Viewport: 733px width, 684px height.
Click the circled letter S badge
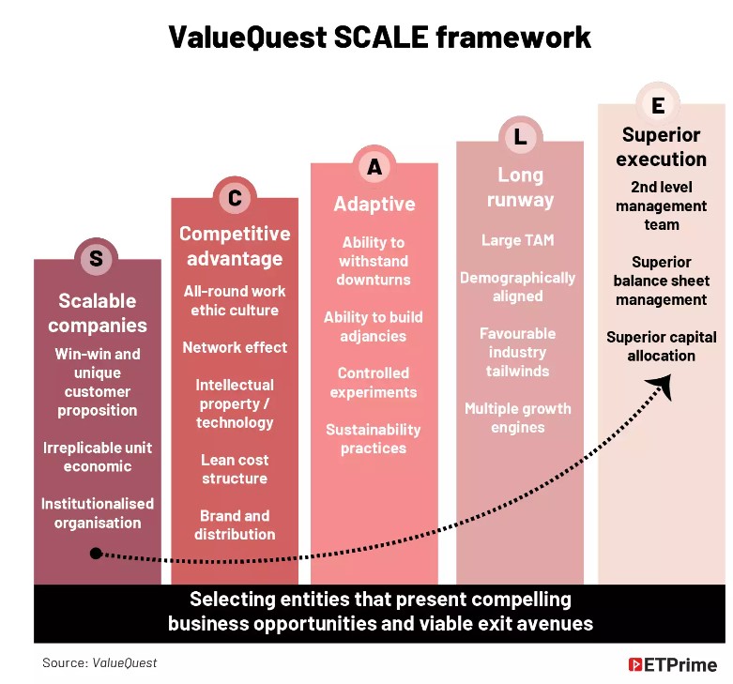[97, 257]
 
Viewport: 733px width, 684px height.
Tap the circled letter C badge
[235, 198]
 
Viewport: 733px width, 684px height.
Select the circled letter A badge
[374, 166]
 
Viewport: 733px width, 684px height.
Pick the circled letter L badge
[520, 137]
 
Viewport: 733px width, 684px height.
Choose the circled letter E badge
[658, 105]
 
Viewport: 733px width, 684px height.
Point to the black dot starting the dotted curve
[96, 554]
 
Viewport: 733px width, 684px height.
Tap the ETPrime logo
[672, 664]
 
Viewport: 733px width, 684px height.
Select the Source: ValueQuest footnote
[99, 662]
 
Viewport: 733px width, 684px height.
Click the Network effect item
[235, 347]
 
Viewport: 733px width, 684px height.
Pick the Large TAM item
[517, 240]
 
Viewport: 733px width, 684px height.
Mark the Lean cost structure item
[235, 469]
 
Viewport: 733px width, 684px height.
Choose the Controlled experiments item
[374, 382]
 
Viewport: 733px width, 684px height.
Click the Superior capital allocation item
[662, 346]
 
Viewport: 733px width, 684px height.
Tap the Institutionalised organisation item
[98, 513]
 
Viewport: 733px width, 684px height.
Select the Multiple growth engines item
[517, 418]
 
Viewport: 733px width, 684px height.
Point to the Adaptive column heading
[374, 205]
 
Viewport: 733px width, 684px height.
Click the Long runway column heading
[520, 187]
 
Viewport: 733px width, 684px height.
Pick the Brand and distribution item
[235, 524]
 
